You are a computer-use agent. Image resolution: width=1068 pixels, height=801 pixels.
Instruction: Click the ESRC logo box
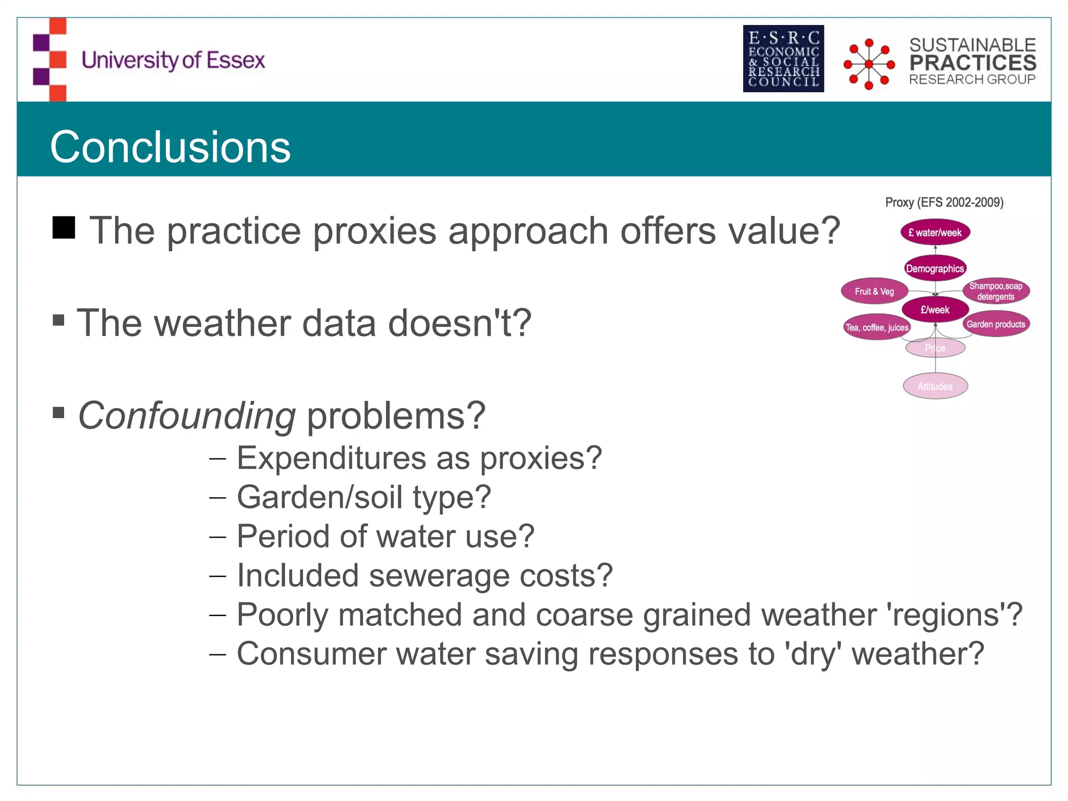(x=783, y=58)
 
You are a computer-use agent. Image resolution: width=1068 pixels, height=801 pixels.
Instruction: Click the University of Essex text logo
(x=173, y=60)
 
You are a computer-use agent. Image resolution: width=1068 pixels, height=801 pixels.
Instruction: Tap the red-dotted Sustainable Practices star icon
(x=869, y=64)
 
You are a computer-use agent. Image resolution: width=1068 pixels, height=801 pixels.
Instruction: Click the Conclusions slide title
(x=170, y=147)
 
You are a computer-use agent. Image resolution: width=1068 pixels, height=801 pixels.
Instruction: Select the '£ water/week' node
(x=935, y=233)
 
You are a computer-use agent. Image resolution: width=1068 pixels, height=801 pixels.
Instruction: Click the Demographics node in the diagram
(x=935, y=269)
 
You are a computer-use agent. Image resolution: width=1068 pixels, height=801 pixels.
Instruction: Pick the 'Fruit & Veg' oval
(x=875, y=292)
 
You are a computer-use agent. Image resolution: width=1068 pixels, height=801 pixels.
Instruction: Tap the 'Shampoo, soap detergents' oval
(x=996, y=291)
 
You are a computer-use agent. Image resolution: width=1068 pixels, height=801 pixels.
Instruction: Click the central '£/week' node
(x=935, y=310)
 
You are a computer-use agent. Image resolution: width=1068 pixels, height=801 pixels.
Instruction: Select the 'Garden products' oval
(x=996, y=324)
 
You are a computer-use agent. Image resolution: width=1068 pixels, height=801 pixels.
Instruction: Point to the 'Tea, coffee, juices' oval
(x=877, y=327)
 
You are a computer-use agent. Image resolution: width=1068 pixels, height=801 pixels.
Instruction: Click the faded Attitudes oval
(x=935, y=386)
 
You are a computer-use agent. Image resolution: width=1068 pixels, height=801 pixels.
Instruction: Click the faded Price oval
(x=935, y=348)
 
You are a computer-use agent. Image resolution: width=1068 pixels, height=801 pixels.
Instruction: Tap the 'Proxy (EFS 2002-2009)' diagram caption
(x=944, y=202)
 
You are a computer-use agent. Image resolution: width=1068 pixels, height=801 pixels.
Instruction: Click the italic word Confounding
(x=187, y=416)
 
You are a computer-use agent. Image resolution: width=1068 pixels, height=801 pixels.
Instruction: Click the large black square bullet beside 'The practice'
(x=64, y=227)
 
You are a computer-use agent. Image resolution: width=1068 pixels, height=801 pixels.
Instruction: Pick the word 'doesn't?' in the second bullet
(x=459, y=323)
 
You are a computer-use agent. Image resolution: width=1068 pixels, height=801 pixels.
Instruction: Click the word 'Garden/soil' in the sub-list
(x=319, y=497)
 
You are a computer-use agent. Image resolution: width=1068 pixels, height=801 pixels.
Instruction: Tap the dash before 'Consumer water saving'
(x=217, y=654)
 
